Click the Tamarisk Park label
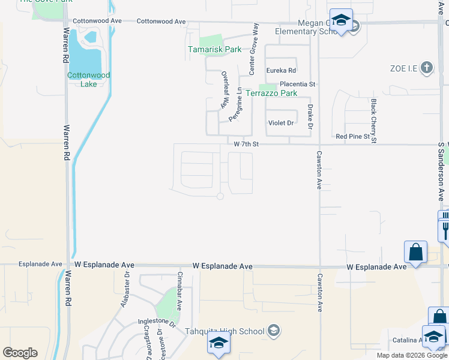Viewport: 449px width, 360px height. pos(214,49)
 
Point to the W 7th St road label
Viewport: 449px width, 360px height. pos(246,144)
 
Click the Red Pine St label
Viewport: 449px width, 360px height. pos(352,137)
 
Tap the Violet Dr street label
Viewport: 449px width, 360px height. pos(280,123)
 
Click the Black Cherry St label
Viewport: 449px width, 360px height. pos(373,121)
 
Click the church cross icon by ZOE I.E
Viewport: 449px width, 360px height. pos(427,67)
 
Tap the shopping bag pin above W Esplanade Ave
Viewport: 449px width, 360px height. pos(415,253)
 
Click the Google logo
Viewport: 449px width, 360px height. pos(20,353)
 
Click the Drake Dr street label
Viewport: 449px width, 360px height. pos(310,116)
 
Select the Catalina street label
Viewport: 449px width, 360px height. pos(407,340)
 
